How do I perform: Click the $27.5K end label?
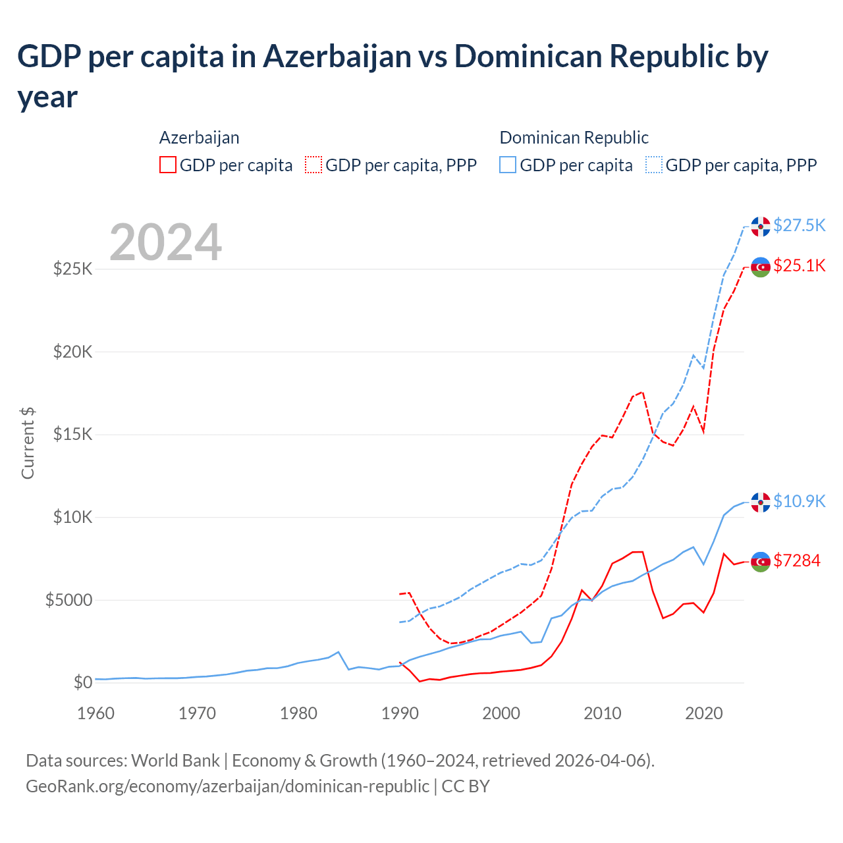coord(799,225)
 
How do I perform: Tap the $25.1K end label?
coord(799,265)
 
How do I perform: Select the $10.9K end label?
coord(799,501)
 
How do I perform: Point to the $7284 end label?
coord(796,560)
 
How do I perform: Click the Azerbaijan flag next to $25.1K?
coord(761,267)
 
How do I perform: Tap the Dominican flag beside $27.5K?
coord(761,227)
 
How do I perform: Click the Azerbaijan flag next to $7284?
coord(761,562)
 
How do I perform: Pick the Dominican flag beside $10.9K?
coord(761,503)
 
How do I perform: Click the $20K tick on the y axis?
coord(72,352)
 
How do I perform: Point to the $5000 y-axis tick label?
coord(68,600)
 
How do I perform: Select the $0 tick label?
coord(82,682)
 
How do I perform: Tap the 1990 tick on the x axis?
coord(400,713)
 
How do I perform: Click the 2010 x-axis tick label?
coord(603,713)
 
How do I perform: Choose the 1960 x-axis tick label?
coord(96,713)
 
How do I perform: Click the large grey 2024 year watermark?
coord(165,242)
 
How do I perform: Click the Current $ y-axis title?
coord(28,443)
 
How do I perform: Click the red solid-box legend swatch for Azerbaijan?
coord(168,165)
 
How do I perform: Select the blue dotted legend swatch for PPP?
coord(654,165)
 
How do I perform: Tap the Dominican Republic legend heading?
coord(574,138)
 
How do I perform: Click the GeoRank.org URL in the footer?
coord(227,786)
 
